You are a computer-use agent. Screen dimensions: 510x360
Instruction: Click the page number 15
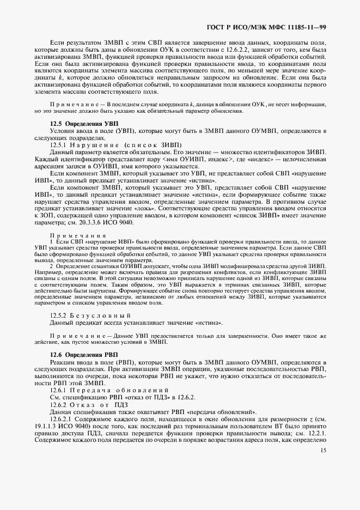point(323,450)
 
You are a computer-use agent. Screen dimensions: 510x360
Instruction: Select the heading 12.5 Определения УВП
point(84,124)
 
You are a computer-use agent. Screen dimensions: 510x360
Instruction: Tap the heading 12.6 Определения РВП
point(84,355)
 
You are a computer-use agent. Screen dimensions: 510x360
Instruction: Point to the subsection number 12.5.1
point(58,145)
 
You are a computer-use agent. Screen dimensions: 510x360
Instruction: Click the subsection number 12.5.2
point(58,316)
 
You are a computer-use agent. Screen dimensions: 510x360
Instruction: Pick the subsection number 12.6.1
point(58,391)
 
